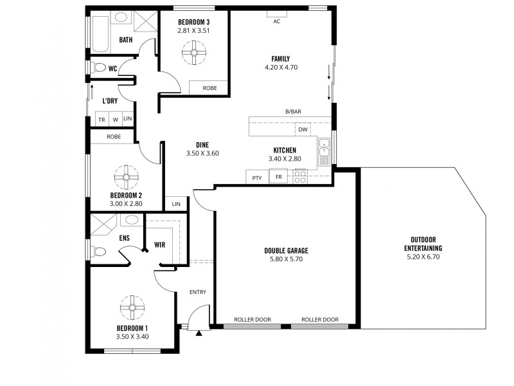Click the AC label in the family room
(277, 21)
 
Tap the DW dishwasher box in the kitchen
(303, 129)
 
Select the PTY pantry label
(257, 178)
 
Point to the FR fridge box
(279, 177)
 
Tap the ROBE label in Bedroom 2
(114, 136)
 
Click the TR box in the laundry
(102, 119)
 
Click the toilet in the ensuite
(98, 252)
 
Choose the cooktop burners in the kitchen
(300, 176)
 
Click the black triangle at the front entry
(199, 333)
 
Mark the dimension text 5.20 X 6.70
(423, 257)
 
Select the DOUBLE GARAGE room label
(286, 251)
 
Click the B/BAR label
(294, 111)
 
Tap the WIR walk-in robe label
(160, 244)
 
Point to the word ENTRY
(197, 292)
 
